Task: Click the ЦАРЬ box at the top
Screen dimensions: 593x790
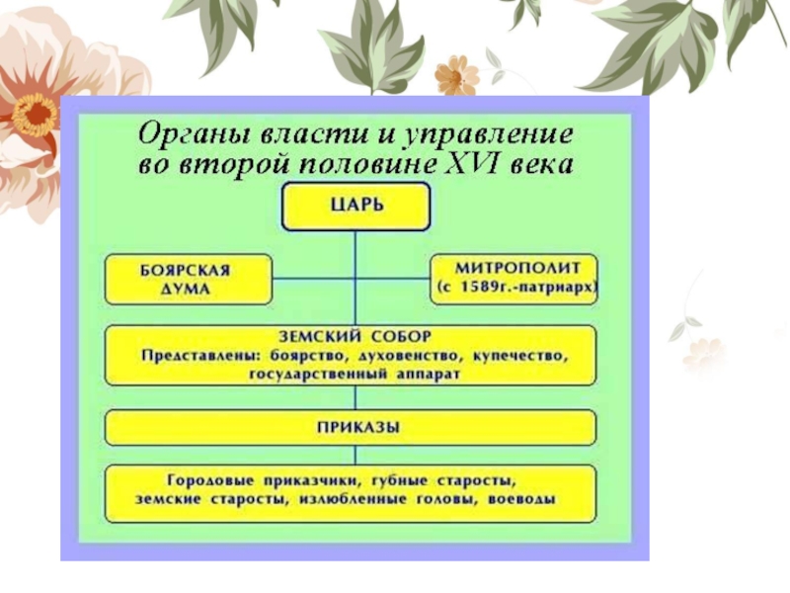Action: (x=355, y=207)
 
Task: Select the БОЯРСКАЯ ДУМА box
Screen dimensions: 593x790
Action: (x=188, y=279)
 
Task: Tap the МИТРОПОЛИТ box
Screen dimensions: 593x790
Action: (x=513, y=278)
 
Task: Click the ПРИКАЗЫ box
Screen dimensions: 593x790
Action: (x=351, y=428)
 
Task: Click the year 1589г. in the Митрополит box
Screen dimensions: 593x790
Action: (x=483, y=289)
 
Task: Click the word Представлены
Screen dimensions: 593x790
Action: (x=192, y=355)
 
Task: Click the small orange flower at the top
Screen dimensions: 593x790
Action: (x=456, y=76)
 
